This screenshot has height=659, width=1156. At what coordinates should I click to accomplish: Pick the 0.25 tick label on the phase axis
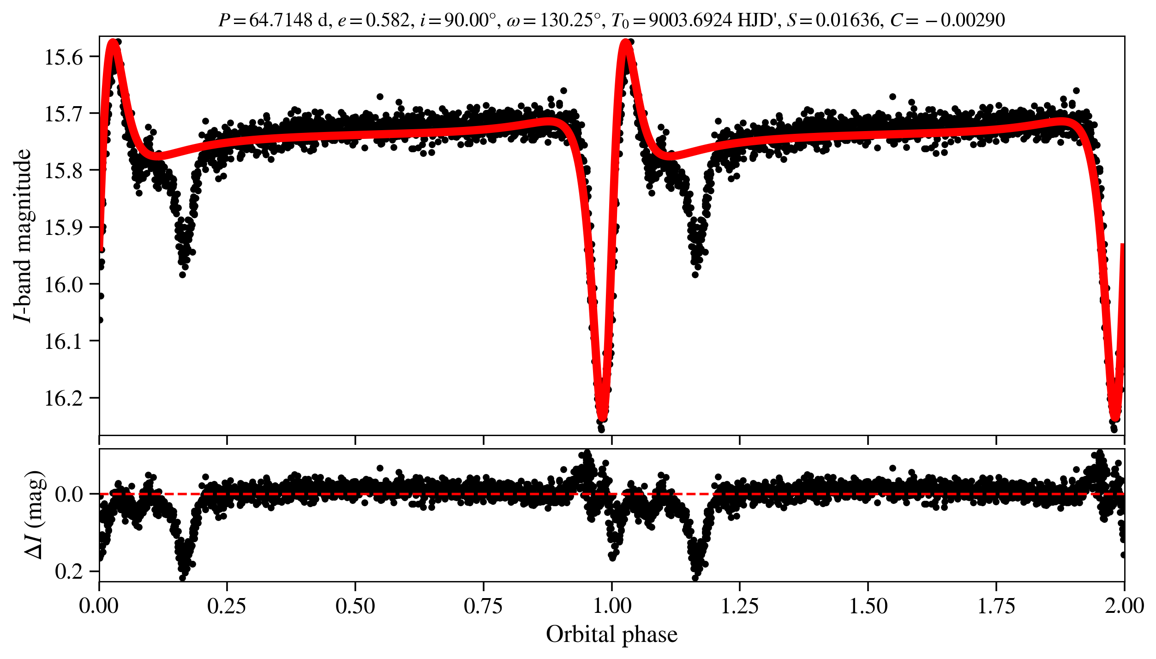[227, 606]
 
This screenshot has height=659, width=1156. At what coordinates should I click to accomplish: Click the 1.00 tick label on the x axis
[612, 606]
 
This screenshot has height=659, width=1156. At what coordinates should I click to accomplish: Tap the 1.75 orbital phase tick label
[996, 606]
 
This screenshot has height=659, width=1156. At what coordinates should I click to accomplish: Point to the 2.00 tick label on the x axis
[1124, 606]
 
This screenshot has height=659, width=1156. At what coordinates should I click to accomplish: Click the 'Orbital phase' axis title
[611, 635]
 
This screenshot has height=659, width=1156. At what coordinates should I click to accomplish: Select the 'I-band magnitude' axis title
[23, 235]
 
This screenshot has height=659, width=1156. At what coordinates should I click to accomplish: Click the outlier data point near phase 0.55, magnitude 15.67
[380, 96]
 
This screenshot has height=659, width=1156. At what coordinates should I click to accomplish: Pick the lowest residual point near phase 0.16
[182, 577]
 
